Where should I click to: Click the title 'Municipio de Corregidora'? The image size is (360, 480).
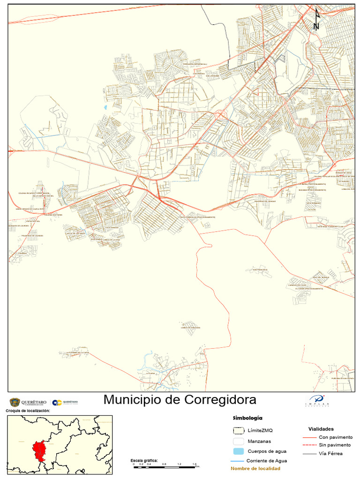pos(180,400)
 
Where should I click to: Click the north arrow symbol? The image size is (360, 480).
pos(316,19)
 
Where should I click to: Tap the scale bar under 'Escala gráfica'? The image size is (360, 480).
pos(164,467)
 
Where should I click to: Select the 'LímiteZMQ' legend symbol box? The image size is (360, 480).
pos(239,430)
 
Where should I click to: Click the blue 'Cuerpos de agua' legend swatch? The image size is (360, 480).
pos(239,451)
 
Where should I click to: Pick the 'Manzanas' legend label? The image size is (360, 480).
pos(259,441)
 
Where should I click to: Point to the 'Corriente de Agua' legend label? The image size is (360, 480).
pos(266,461)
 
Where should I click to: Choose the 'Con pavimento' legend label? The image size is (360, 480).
pos(335,437)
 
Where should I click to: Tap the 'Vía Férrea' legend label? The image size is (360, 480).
pos(330,453)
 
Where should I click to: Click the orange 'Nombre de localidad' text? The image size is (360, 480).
pos(255,469)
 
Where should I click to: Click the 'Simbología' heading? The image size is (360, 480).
pos(247,418)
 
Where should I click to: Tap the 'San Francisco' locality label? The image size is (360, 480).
pos(260,270)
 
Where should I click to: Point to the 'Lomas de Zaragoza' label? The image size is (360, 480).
pos(190,328)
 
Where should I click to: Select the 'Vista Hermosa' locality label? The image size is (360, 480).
pos(313,203)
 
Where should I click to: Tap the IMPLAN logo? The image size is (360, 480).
pos(317,401)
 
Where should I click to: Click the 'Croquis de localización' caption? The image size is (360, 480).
pos(27,411)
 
